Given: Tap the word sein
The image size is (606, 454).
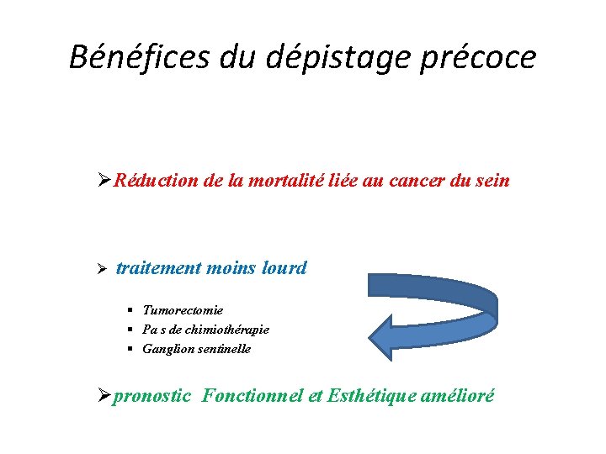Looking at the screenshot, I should click(492, 180).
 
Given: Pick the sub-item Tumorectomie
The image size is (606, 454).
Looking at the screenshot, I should click(183, 310).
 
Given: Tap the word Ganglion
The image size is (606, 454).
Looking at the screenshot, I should click(166, 348).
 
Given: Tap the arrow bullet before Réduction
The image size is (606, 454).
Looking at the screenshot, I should click(104, 180).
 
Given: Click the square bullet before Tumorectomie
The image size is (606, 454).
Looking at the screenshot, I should click(132, 311).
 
